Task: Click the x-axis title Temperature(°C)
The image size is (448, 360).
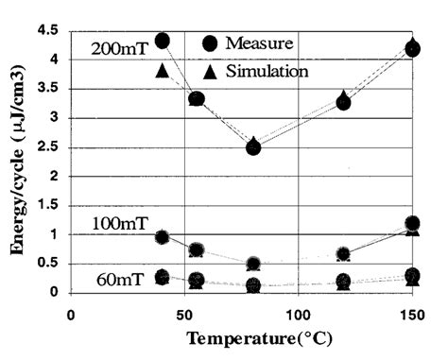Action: coord(259,337)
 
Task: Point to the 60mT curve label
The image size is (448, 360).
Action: coord(121,281)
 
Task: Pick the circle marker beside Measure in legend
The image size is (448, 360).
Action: coord(210,43)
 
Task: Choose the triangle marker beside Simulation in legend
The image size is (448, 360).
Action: coord(210,71)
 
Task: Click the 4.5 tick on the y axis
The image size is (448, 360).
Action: coord(49,30)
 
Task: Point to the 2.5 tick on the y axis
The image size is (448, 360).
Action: coord(49,147)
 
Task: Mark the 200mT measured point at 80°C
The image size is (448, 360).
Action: coord(252,146)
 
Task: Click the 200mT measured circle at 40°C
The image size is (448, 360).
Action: coord(163,41)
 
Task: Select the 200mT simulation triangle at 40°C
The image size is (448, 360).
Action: coord(163,71)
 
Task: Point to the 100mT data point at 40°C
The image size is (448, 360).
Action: coord(163,237)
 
